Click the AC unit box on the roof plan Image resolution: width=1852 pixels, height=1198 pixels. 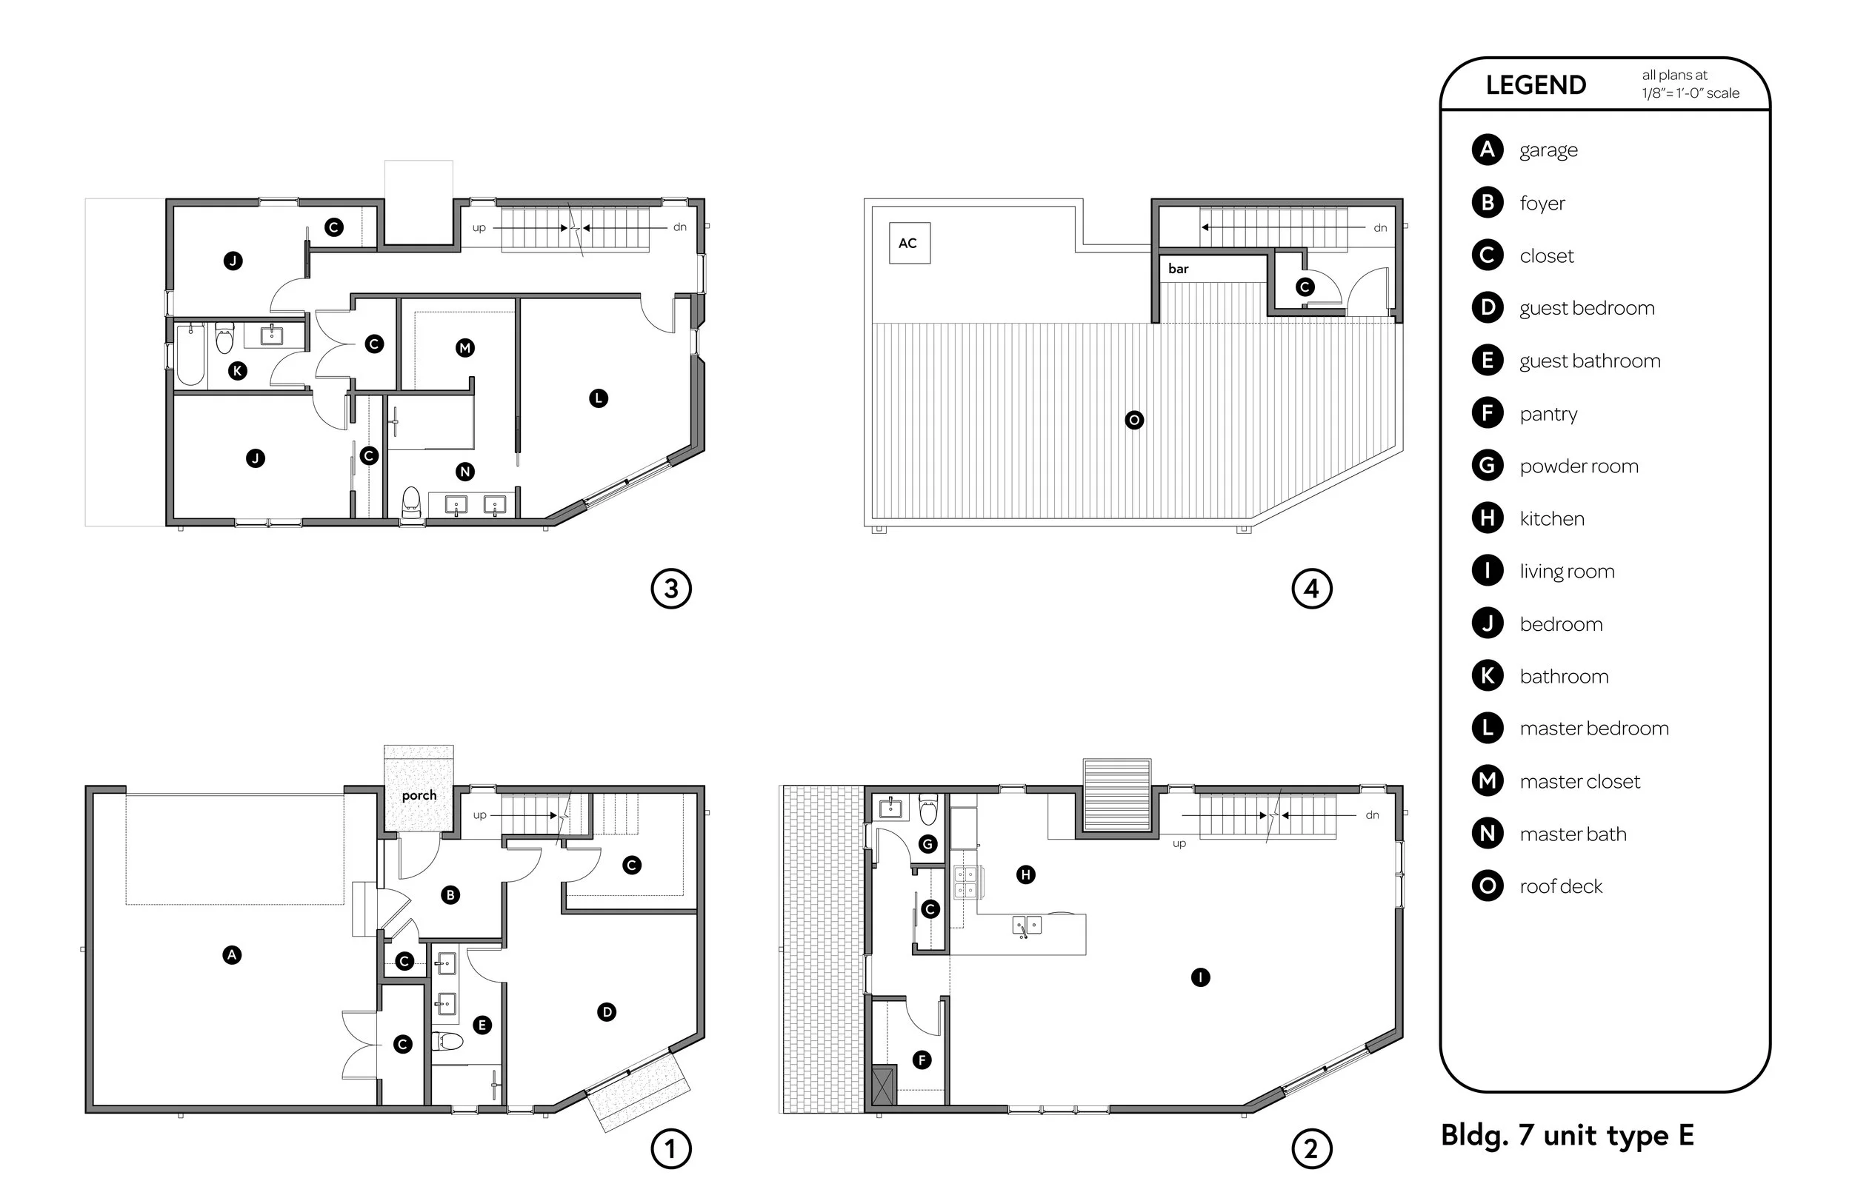[909, 243]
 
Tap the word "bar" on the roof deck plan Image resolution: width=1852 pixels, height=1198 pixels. [1178, 268]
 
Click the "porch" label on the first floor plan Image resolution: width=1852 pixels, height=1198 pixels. [419, 796]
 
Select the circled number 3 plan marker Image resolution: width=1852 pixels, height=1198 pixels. [670, 589]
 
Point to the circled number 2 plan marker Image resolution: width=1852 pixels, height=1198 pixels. [1312, 1149]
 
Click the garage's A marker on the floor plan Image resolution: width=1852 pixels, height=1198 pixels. [232, 954]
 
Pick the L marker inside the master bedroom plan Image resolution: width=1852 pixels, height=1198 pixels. [599, 398]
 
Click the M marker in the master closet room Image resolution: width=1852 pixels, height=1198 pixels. [465, 348]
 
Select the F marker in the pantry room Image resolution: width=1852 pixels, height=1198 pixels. [922, 1060]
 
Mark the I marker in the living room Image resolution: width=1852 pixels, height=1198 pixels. [1201, 977]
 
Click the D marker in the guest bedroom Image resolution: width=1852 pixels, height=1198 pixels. [607, 1012]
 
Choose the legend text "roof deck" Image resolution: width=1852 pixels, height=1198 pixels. [1561, 886]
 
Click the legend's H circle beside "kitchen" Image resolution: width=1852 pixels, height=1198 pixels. [1488, 518]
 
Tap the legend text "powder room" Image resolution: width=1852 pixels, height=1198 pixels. [1579, 466]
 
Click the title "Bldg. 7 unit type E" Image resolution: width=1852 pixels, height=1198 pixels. [1568, 1135]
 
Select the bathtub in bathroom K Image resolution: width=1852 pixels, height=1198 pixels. [190, 355]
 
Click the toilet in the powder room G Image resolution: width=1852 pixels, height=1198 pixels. [928, 809]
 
